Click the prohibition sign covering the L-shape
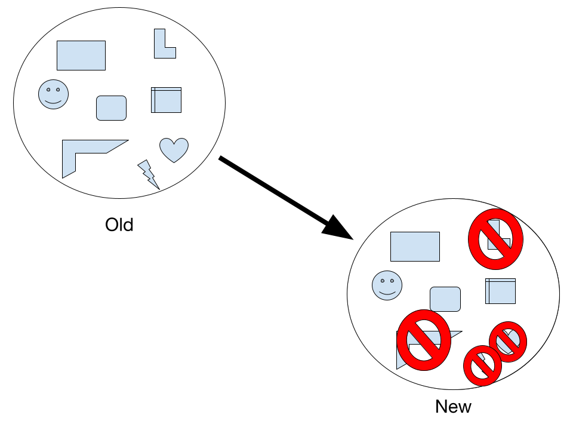click(495, 239)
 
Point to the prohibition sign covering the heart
click(508, 342)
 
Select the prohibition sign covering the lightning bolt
click(482, 365)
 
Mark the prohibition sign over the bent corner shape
click(424, 340)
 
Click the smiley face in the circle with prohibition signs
click(387, 285)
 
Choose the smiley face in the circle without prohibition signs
click(53, 94)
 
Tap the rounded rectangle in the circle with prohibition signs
click(445, 299)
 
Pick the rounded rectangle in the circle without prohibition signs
click(111, 108)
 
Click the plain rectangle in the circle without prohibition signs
click(81, 56)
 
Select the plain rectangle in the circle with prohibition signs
click(415, 247)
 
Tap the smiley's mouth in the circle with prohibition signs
click(387, 293)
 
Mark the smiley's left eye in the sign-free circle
click(48, 90)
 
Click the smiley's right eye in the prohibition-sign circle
click(392, 281)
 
